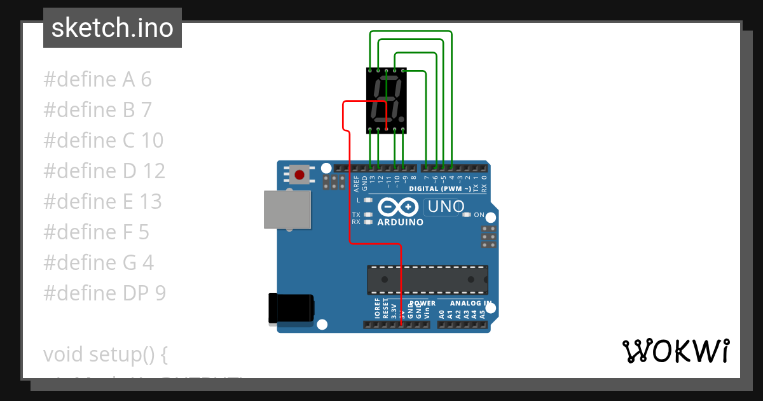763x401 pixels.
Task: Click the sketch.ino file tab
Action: (113, 28)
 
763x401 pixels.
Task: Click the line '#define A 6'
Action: (97, 80)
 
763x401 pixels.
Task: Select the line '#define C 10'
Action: (103, 140)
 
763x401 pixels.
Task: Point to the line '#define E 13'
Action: (102, 201)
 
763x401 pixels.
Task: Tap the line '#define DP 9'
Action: (104, 293)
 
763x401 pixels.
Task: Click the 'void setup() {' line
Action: (105, 354)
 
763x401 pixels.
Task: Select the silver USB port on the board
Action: (287, 209)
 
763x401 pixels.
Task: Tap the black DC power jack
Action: (291, 307)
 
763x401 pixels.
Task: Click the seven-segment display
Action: (387, 100)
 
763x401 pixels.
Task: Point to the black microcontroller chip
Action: (427, 280)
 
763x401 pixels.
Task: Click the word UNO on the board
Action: (446, 207)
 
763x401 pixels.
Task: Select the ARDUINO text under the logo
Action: (401, 223)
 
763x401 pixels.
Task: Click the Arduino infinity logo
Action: (398, 207)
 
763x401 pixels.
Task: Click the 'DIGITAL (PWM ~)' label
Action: (440, 189)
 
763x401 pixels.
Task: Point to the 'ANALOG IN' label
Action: (471, 304)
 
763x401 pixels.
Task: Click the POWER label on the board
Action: (423, 304)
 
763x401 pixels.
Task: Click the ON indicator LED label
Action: (479, 215)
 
